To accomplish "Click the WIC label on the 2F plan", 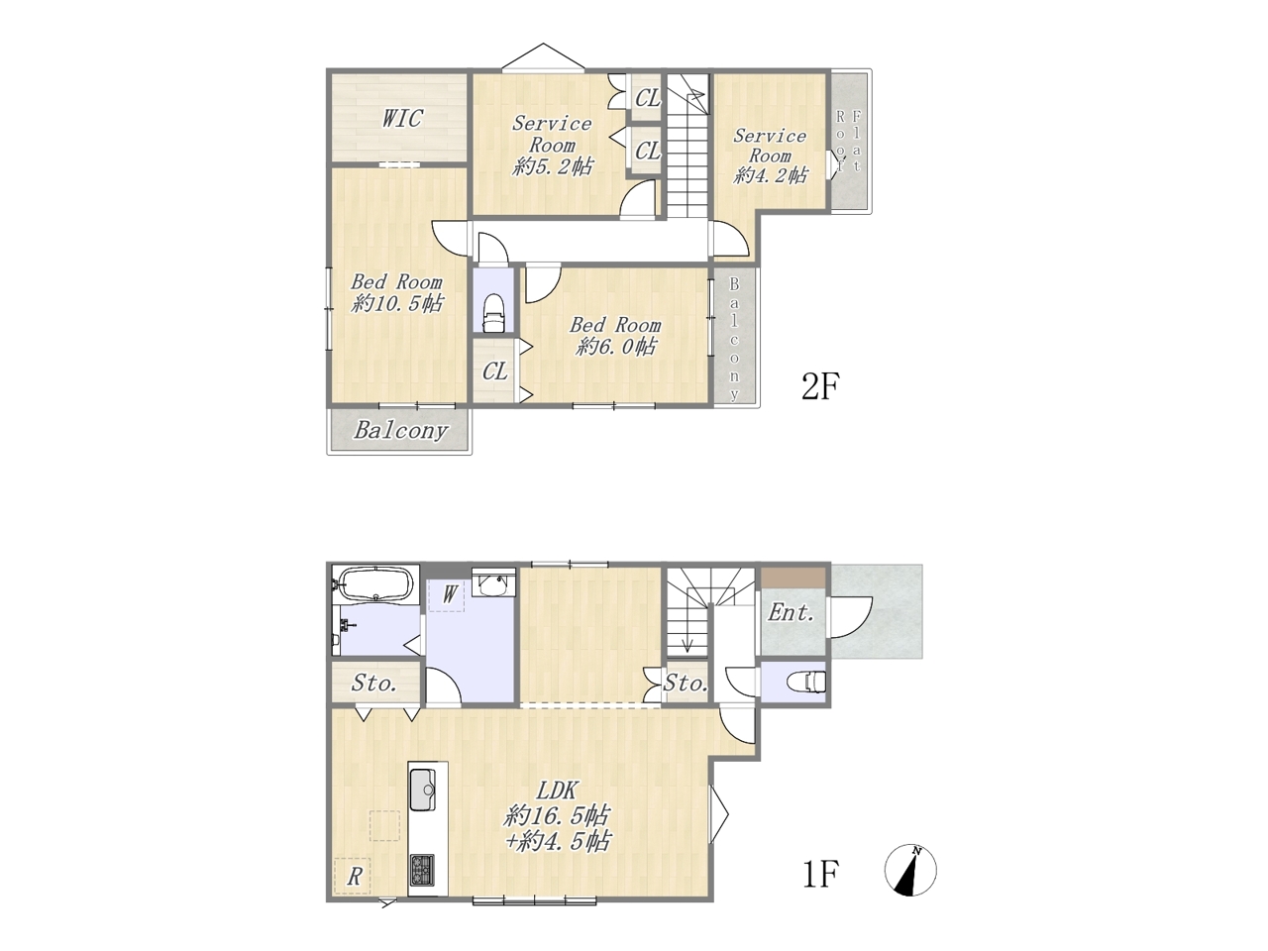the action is pyautogui.click(x=402, y=118).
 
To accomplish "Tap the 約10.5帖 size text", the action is pyautogui.click(x=397, y=304).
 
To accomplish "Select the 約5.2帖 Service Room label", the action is pyautogui.click(x=552, y=145).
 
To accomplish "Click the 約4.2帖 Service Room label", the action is pyautogui.click(x=770, y=156).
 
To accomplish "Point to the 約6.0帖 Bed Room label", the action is pyautogui.click(x=615, y=336).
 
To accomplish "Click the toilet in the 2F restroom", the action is pyautogui.click(x=493, y=314).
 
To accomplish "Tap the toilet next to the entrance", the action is pyautogui.click(x=807, y=682).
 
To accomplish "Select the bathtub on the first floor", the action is pyautogui.click(x=376, y=584).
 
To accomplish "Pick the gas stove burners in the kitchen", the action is pyautogui.click(x=423, y=870).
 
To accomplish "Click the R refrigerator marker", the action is pyautogui.click(x=354, y=877).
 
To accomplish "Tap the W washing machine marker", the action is pyautogui.click(x=451, y=593).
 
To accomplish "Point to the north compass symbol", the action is pyautogui.click(x=910, y=870).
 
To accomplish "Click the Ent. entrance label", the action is pyautogui.click(x=791, y=612).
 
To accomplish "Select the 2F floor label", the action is pyautogui.click(x=820, y=386).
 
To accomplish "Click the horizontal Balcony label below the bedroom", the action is pyautogui.click(x=400, y=430).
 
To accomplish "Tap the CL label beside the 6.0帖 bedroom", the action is pyautogui.click(x=495, y=371).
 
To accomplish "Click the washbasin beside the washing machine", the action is pyautogui.click(x=492, y=584).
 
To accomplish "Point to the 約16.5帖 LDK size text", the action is pyautogui.click(x=557, y=816).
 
